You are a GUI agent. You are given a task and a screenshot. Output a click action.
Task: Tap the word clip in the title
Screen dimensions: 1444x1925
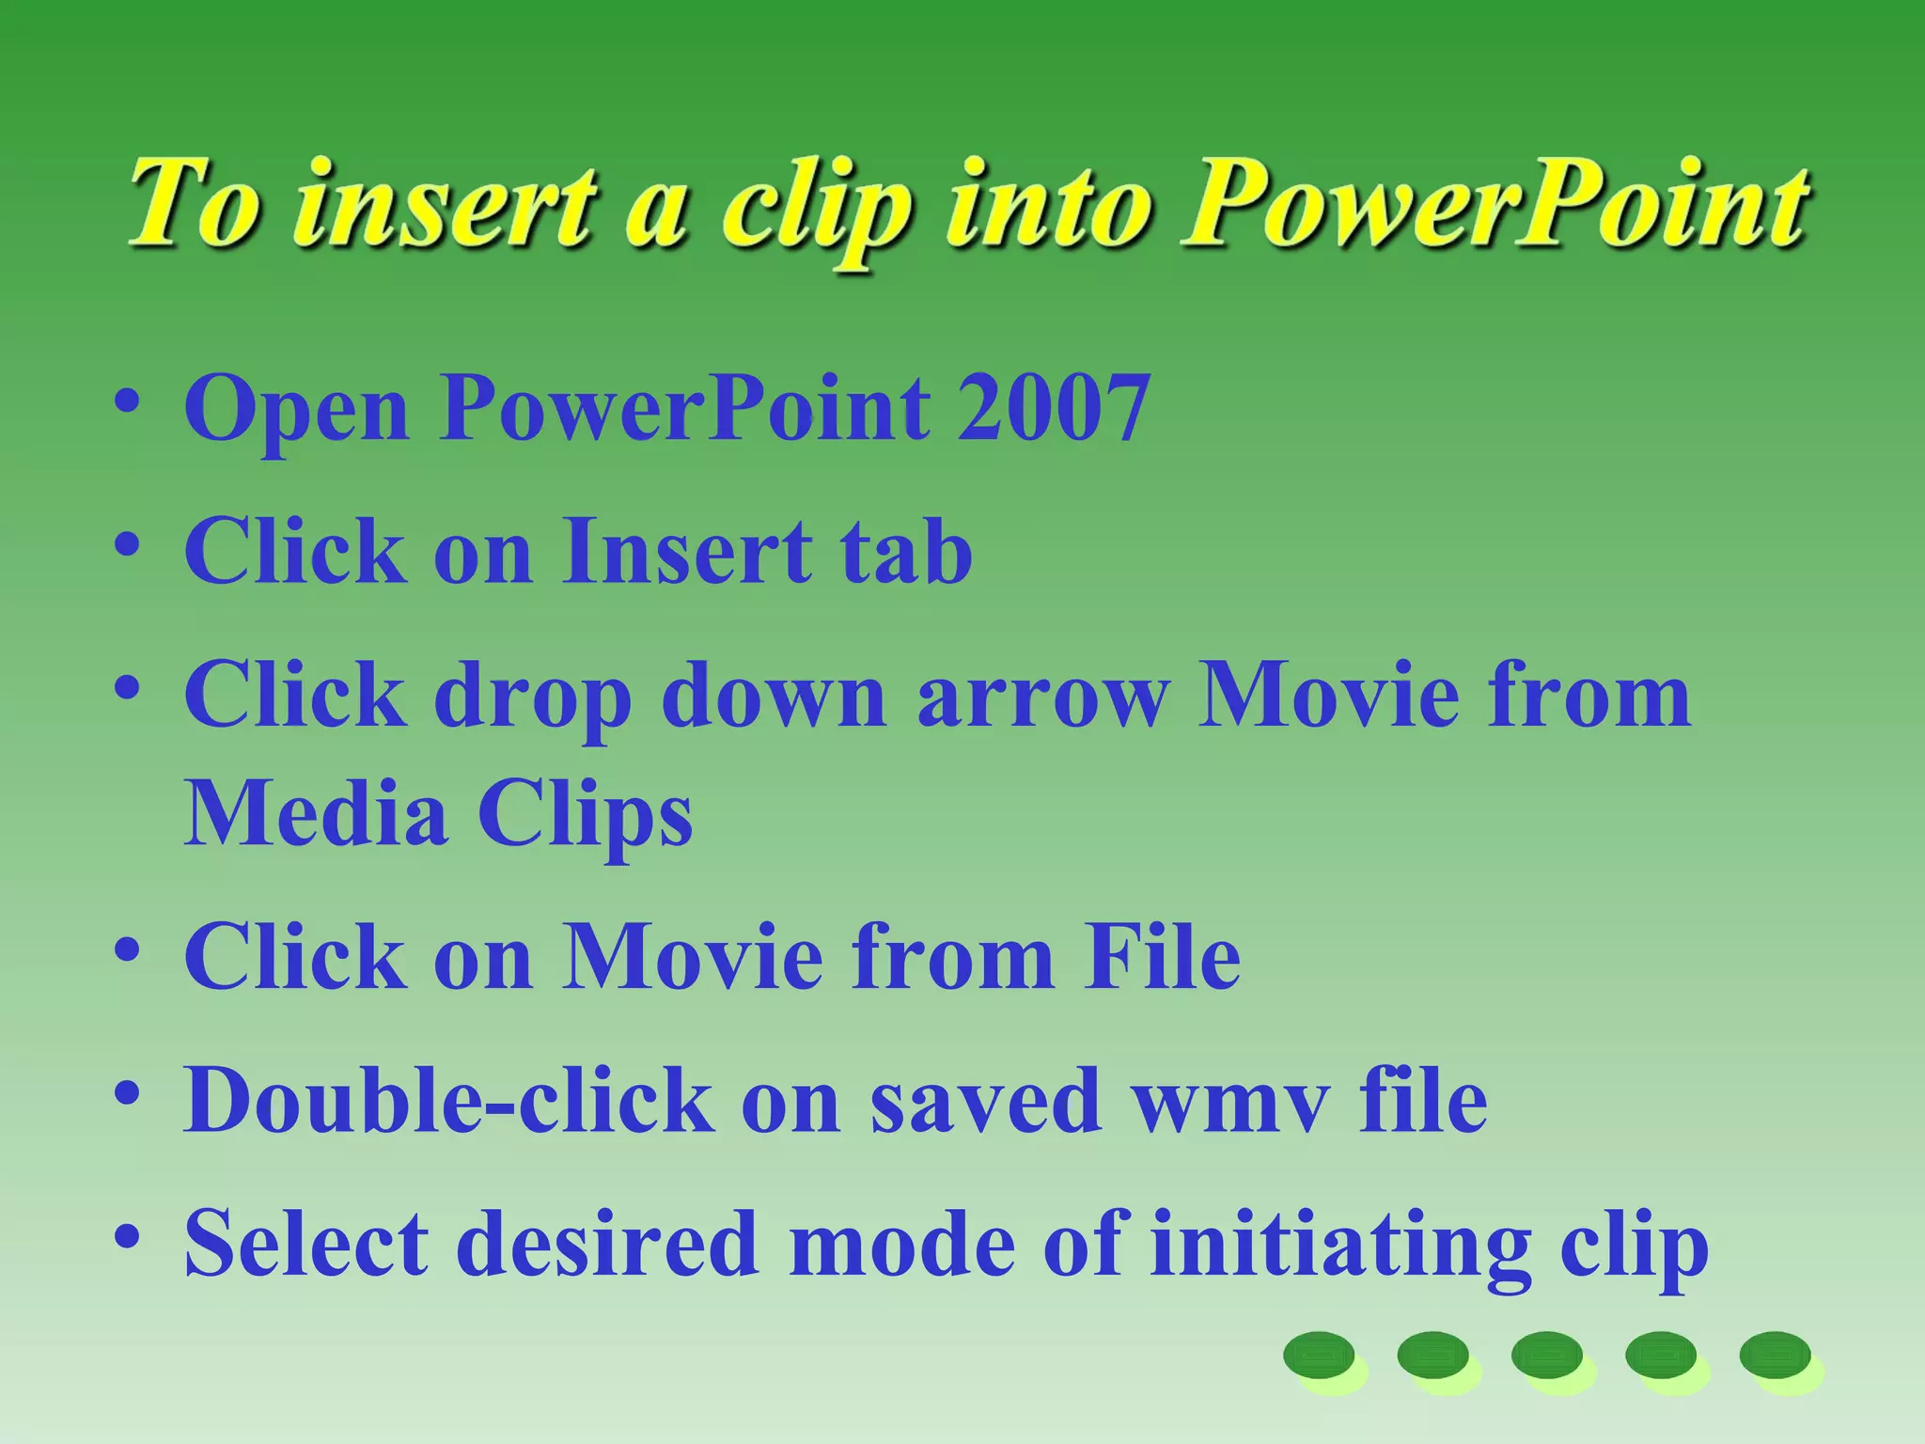[816, 212]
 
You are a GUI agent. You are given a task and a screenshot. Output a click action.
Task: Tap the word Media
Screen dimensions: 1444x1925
[316, 813]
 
